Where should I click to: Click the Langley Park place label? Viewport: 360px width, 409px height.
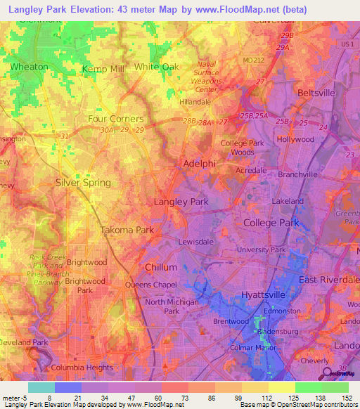(x=181, y=202)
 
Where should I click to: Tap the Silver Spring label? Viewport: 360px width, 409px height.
(x=83, y=183)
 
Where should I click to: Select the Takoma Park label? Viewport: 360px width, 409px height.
(x=127, y=231)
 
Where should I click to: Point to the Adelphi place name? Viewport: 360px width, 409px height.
(x=199, y=163)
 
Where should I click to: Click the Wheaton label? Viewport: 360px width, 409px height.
(x=29, y=67)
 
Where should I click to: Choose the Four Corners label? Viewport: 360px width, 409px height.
(x=115, y=119)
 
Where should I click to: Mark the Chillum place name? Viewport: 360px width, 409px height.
(x=160, y=268)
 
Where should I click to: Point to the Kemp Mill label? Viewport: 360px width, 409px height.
(x=103, y=69)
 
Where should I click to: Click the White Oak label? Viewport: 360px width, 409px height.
(x=157, y=67)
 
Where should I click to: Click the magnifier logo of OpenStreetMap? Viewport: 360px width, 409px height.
(x=326, y=372)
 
